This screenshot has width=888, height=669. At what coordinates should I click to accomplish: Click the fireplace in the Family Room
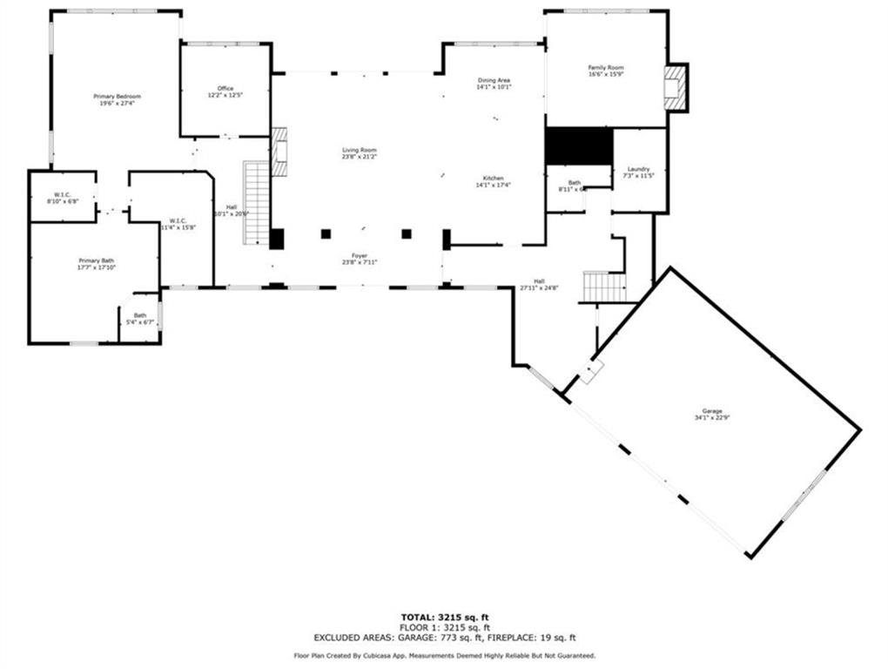pos(673,88)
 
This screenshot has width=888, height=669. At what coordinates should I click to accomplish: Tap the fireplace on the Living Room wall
pos(279,152)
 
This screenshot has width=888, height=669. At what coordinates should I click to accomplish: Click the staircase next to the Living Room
pos(256,202)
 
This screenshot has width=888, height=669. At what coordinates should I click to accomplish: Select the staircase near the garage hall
pos(603,287)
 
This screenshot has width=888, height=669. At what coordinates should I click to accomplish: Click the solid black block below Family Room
pos(578,145)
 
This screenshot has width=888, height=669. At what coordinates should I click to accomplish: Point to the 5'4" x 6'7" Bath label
pos(140,319)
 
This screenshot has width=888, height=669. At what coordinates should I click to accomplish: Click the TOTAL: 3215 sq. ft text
pos(444,617)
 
